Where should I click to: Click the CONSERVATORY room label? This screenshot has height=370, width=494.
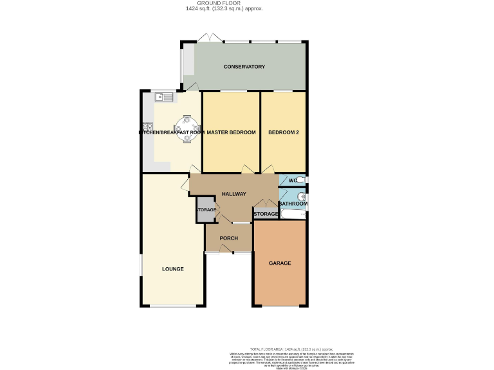244,67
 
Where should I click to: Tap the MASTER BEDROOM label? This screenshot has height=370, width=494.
231,132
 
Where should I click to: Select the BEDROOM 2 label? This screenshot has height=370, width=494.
283,132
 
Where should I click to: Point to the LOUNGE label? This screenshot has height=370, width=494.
172,269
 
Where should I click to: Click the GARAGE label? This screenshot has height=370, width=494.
280,263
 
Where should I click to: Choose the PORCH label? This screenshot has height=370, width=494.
228,238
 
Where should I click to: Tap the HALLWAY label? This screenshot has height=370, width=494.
234,194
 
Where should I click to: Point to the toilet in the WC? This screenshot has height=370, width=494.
300,180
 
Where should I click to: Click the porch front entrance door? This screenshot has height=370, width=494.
219,251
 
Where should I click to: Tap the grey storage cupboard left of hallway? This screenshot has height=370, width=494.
206,211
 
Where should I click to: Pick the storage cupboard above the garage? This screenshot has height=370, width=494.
265,214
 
